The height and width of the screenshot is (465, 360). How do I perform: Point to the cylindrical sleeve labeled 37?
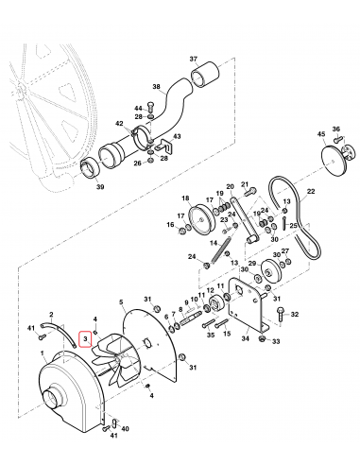click(x=204, y=75)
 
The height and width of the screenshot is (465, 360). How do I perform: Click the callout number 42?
click(x=119, y=124)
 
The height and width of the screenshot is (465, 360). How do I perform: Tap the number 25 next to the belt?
click(x=294, y=227)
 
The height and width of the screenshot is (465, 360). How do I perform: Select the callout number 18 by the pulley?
click(x=185, y=199)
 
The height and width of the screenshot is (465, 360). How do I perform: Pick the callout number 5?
click(x=121, y=303)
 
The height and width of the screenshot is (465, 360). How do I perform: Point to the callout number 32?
click(x=295, y=314)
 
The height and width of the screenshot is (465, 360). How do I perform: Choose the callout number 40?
click(x=126, y=427)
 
